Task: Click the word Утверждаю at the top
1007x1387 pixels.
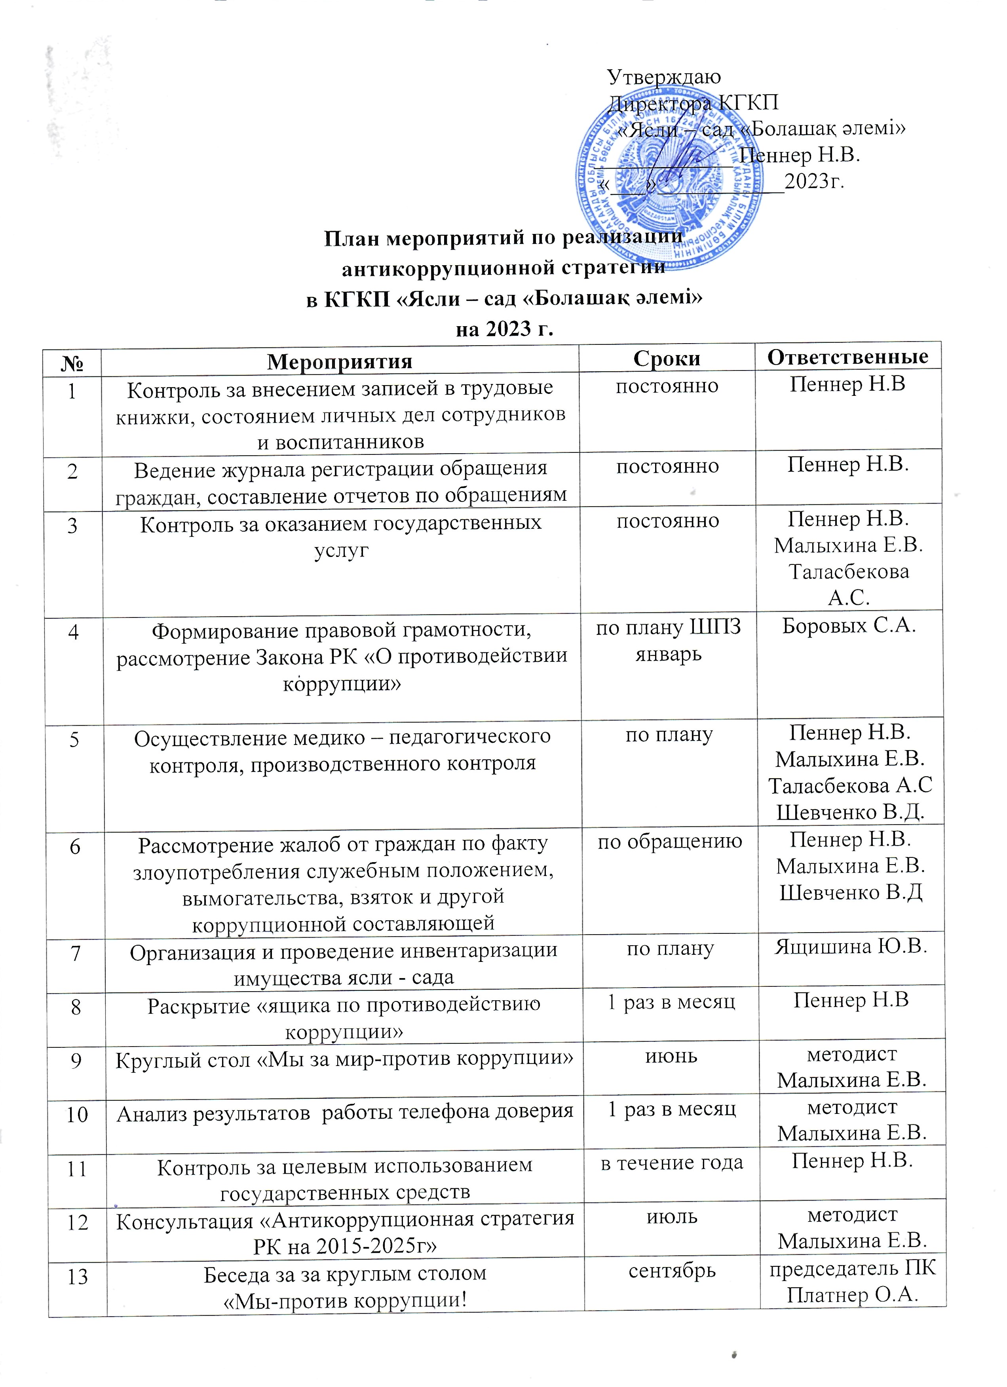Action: (664, 77)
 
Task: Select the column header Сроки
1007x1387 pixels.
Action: (667, 358)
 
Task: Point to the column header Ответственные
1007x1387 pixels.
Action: (848, 357)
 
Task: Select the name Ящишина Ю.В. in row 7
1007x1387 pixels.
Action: (851, 947)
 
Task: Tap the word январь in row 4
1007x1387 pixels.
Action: (668, 654)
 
